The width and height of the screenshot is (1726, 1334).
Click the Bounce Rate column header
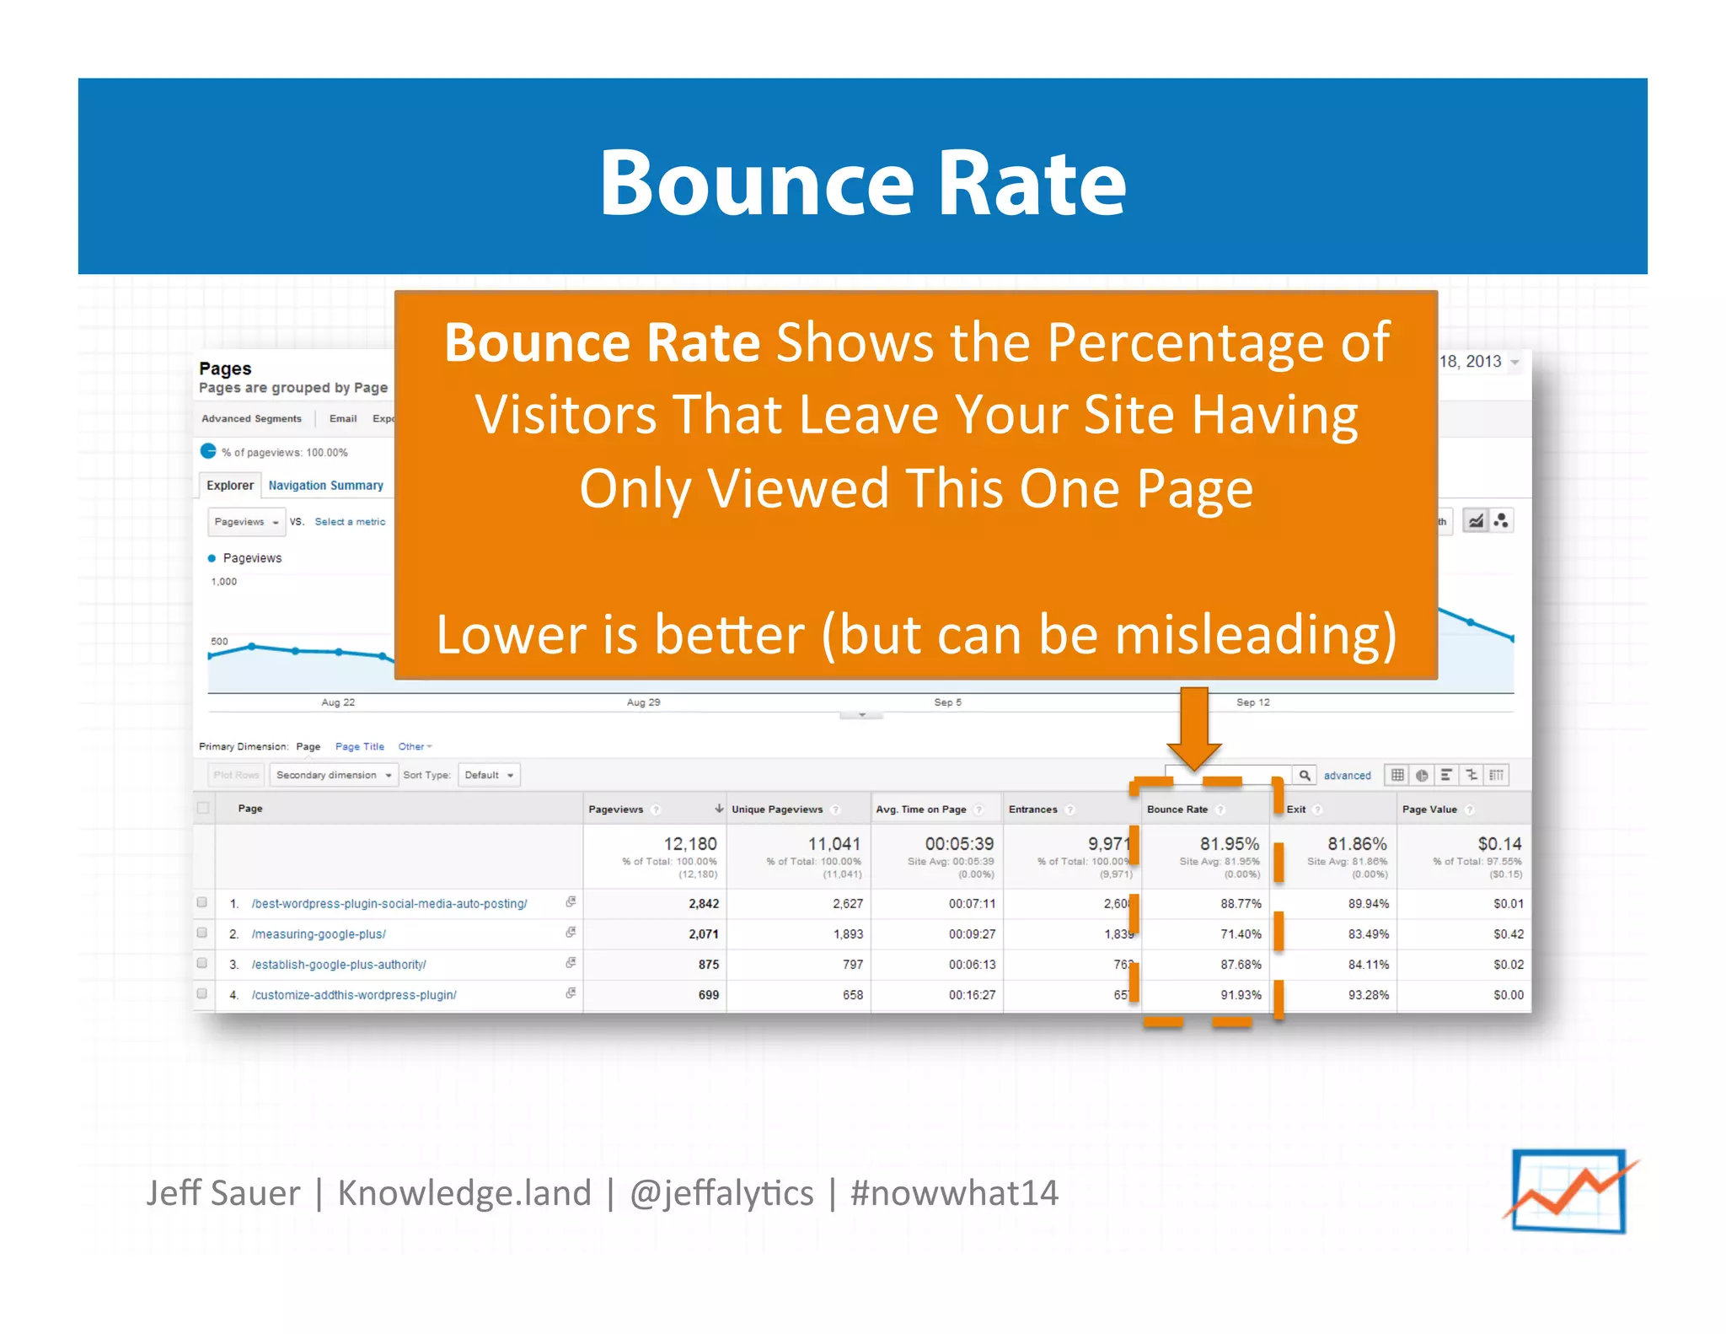(1177, 810)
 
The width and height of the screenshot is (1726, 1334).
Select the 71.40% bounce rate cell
(1241, 934)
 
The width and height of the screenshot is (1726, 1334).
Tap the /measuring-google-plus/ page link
(319, 934)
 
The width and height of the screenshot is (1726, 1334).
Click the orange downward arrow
(1194, 728)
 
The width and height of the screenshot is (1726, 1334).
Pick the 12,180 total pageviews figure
(689, 844)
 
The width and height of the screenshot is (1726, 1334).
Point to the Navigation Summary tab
(325, 486)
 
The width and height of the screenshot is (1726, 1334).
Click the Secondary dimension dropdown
(333, 775)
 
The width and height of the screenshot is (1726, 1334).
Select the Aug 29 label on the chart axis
(643, 702)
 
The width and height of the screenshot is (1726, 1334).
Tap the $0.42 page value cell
(1508, 934)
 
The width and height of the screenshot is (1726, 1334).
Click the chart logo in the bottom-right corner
(1568, 1191)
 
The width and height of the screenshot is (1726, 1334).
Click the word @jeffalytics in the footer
(721, 1193)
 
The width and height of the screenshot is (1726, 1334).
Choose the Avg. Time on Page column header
(920, 810)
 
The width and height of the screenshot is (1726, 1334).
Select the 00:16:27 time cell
(972, 995)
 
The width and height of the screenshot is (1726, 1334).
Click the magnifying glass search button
(1304, 775)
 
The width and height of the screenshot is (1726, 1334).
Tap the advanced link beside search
(1347, 776)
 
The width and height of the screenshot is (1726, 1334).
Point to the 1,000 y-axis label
(224, 582)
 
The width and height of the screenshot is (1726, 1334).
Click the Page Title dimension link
(359, 747)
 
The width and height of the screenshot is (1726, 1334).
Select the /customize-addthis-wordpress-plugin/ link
(354, 995)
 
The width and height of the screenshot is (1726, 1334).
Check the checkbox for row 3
(202, 963)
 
